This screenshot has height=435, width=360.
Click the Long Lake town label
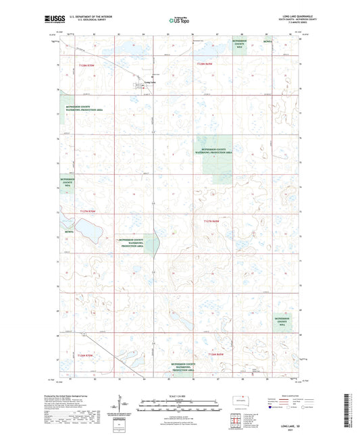pos(151,83)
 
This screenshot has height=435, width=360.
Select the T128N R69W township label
pos(205,63)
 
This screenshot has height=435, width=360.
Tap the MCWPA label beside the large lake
pos(69,233)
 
